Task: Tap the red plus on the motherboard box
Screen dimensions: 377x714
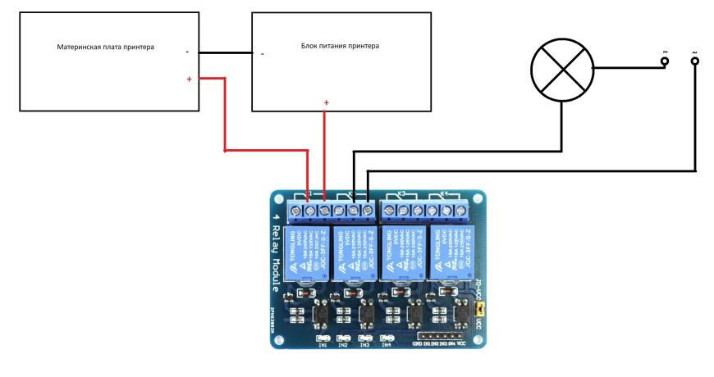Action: [x=190, y=79]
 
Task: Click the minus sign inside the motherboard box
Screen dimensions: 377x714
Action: [x=188, y=52]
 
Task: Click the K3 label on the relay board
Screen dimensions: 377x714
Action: [x=402, y=195]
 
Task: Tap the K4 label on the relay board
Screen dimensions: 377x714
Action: [x=444, y=195]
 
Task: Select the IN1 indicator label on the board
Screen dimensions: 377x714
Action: [x=323, y=345]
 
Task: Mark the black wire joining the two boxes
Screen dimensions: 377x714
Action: [x=224, y=52]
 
